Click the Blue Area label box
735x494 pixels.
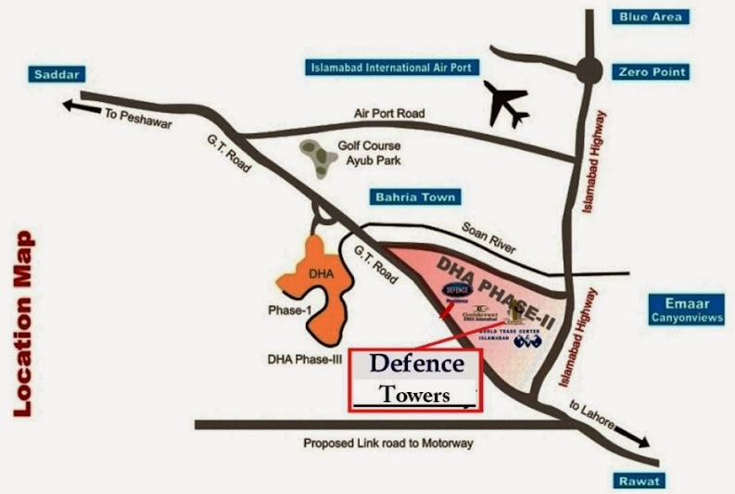[x=653, y=17]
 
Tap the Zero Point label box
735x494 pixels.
[x=653, y=71]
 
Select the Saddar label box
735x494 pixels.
[x=57, y=74]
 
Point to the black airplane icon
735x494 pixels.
[x=505, y=104]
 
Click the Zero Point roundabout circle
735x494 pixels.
[x=587, y=70]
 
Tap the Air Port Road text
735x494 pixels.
[x=388, y=113]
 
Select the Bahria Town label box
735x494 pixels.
[x=413, y=196]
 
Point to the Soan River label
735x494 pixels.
[x=488, y=238]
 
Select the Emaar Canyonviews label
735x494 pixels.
[x=685, y=310]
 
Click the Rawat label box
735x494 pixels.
[x=640, y=480]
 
